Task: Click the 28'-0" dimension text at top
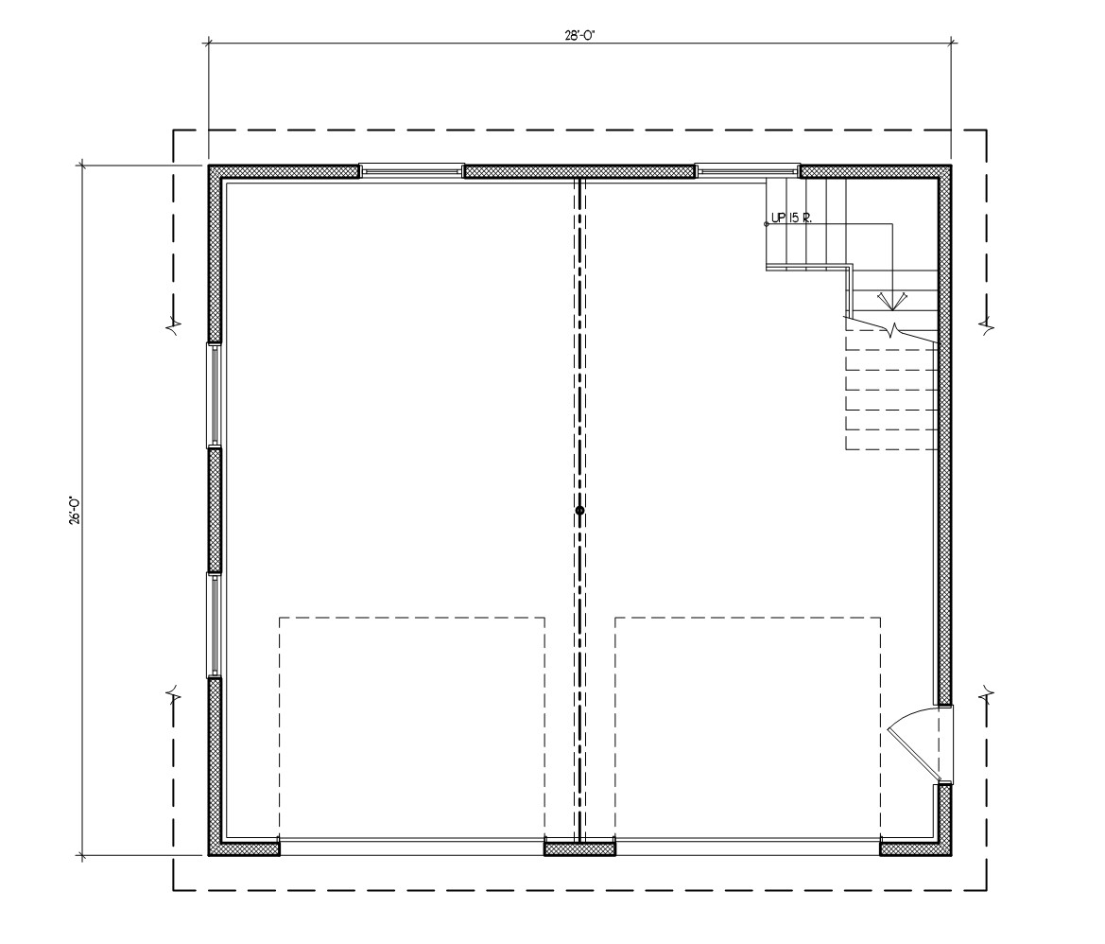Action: click(580, 36)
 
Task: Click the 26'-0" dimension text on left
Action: click(75, 511)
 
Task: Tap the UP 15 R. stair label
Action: click(791, 218)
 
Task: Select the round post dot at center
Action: click(579, 511)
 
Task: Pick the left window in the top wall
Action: click(411, 170)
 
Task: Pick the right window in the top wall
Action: click(748, 170)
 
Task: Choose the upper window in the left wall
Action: click(214, 394)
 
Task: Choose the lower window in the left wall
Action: click(214, 624)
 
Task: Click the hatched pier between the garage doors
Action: click(579, 848)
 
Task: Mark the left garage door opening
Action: click(412, 847)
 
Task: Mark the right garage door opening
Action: click(748, 847)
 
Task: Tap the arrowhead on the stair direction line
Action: click(892, 302)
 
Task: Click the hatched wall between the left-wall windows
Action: click(215, 510)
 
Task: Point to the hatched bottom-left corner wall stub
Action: click(244, 848)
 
